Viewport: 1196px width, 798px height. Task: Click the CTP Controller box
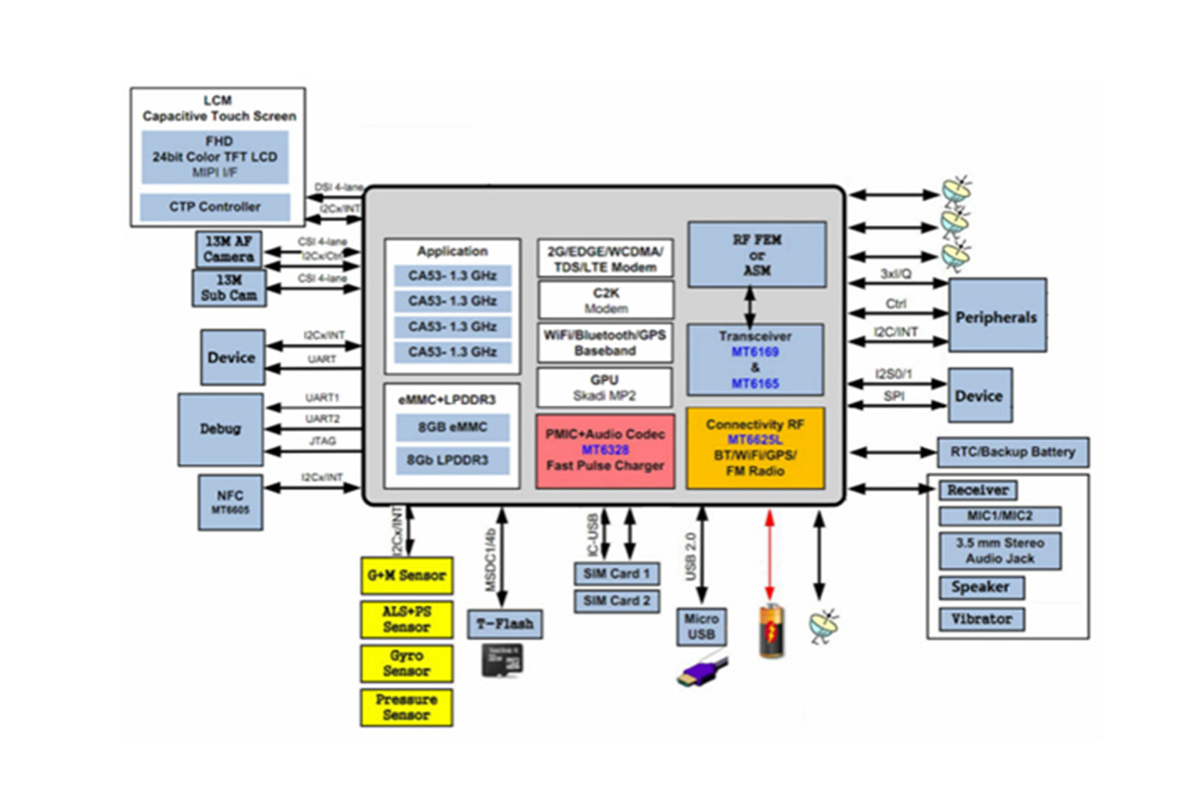click(215, 206)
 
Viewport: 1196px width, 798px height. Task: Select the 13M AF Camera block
click(229, 250)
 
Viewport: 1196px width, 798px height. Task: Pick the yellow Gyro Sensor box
click(407, 663)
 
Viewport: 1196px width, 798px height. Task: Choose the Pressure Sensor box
click(407, 707)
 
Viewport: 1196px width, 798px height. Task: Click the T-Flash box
click(505, 624)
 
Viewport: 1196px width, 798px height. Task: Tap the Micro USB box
click(702, 626)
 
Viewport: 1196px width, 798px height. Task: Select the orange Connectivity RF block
click(755, 448)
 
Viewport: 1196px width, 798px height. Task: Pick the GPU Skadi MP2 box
click(606, 387)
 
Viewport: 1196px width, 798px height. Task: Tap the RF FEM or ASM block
click(756, 254)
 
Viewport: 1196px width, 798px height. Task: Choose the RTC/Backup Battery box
click(1013, 452)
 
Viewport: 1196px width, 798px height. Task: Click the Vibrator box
click(981, 619)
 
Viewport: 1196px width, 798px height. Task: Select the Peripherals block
click(997, 316)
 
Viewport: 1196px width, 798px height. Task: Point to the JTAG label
click(321, 439)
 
